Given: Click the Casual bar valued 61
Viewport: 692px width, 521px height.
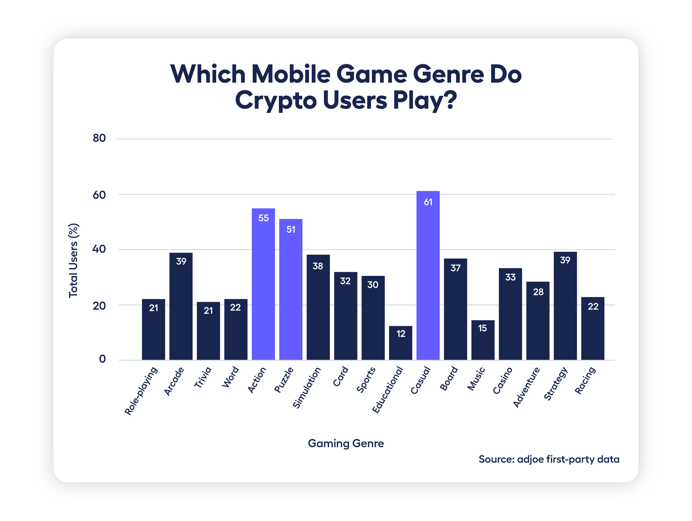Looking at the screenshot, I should (428, 275).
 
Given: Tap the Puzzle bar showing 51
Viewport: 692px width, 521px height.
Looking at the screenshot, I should (291, 290).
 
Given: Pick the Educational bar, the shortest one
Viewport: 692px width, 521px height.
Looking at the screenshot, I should (400, 343).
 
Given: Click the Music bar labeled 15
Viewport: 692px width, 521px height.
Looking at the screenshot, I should (483, 340).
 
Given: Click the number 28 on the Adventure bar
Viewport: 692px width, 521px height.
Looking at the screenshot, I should (538, 292).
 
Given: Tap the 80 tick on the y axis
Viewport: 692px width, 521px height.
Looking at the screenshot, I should (99, 138).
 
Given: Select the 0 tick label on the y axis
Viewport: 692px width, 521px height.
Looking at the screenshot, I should (102, 359).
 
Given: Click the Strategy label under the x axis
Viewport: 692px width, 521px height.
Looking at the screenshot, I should (556, 384).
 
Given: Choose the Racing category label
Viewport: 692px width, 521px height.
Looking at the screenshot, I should (585, 381).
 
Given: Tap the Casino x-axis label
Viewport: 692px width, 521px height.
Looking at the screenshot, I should (502, 381).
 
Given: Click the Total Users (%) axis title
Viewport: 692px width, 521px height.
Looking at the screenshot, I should (74, 261).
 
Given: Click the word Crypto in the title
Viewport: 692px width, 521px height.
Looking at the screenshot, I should (276, 100).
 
